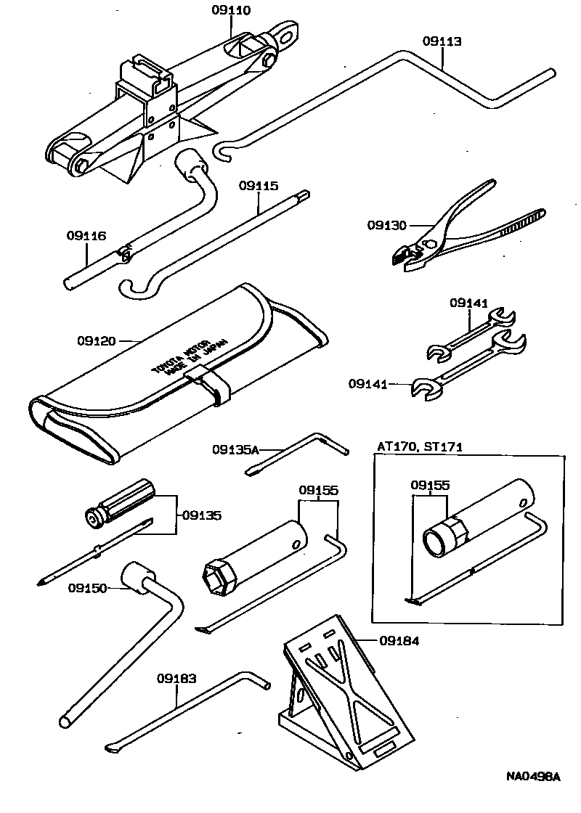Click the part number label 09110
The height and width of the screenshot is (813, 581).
(231, 11)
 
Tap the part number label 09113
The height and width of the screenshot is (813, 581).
(442, 41)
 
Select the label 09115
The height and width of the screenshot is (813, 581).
(259, 186)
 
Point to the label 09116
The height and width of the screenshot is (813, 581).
(86, 235)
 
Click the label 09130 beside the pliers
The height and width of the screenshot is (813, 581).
(387, 226)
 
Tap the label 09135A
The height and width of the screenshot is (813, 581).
(235, 449)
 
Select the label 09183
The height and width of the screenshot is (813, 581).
(176, 679)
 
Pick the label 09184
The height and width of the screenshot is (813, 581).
(399, 640)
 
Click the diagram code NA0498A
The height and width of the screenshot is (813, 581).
(534, 776)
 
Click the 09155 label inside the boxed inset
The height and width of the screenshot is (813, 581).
(430, 484)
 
